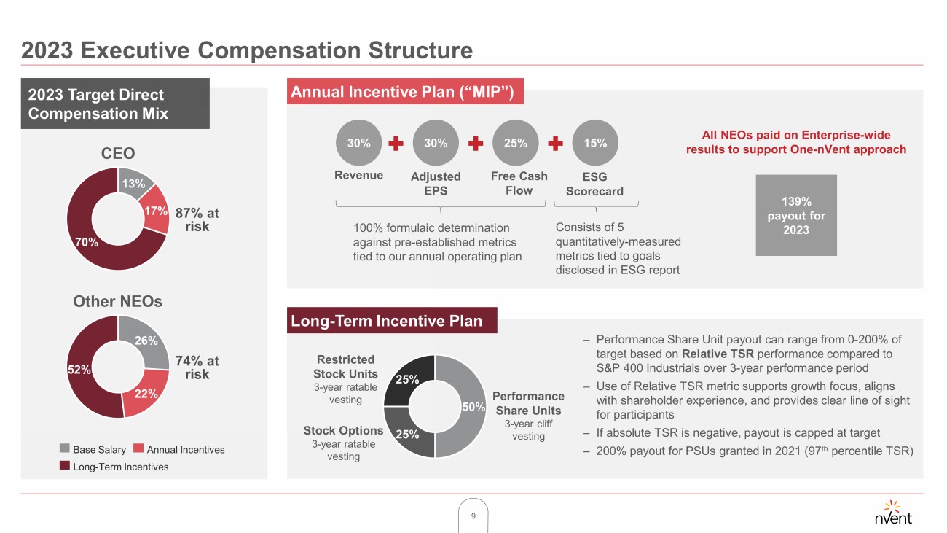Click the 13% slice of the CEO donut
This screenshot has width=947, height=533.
134,184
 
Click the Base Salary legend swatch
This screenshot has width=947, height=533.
64,449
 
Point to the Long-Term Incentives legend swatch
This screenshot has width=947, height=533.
64,467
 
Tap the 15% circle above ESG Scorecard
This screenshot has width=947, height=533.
595,143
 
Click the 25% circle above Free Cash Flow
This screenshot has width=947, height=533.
515,143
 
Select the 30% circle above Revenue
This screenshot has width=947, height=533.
358,143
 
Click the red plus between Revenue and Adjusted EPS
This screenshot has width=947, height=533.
396,143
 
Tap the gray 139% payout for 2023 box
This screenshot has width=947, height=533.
795,215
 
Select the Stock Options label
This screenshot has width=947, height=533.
343,430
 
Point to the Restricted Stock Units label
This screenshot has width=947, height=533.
346,367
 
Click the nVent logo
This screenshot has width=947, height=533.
892,513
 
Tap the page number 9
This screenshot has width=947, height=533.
473,516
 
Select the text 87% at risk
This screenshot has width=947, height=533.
197,219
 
